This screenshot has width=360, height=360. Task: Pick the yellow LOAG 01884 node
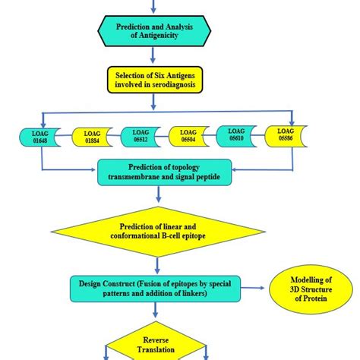tap(92, 137)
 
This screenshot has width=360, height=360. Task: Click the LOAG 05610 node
tap(238, 135)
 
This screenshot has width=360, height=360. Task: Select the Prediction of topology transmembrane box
tap(157, 172)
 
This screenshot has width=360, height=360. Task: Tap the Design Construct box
tap(156, 288)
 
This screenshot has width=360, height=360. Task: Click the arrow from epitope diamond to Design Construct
tap(156, 264)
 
